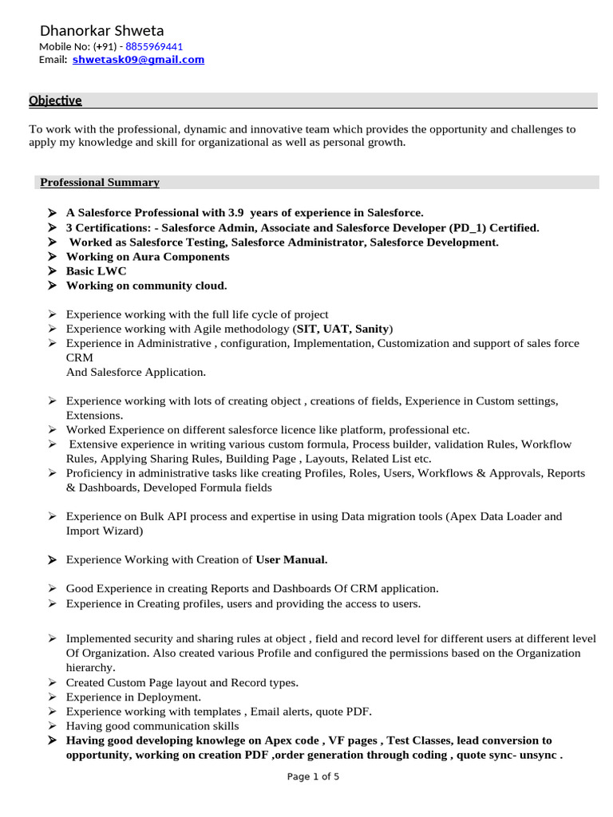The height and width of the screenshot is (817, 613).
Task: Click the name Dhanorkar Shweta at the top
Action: pyautogui.click(x=101, y=31)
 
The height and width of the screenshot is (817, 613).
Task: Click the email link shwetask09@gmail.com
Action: pyautogui.click(x=138, y=60)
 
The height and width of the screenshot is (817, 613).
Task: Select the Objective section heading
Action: pyautogui.click(x=55, y=101)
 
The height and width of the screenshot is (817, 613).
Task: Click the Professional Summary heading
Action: pyautogui.click(x=100, y=183)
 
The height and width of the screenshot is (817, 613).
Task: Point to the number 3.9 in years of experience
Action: pyautogui.click(x=235, y=213)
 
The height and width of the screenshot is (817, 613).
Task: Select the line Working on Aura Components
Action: pyautogui.click(x=148, y=257)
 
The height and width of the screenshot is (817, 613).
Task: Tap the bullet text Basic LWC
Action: pyautogui.click(x=96, y=271)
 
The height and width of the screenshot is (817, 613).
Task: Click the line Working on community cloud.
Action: pyautogui.click(x=146, y=286)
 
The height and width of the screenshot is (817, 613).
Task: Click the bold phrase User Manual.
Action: pyautogui.click(x=291, y=560)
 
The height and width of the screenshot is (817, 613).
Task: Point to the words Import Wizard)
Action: pyautogui.click(x=105, y=531)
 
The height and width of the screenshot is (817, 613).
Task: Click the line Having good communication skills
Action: pyautogui.click(x=152, y=726)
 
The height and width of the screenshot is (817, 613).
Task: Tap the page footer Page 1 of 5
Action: pyautogui.click(x=313, y=777)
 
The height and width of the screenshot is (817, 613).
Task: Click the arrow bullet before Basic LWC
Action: pyautogui.click(x=51, y=271)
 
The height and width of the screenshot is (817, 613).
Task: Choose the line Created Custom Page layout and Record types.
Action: pyautogui.click(x=182, y=683)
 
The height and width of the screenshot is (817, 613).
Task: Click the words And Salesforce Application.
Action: pyautogui.click(x=136, y=372)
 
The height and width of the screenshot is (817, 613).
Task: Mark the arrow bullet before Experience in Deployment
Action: pyautogui.click(x=51, y=697)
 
